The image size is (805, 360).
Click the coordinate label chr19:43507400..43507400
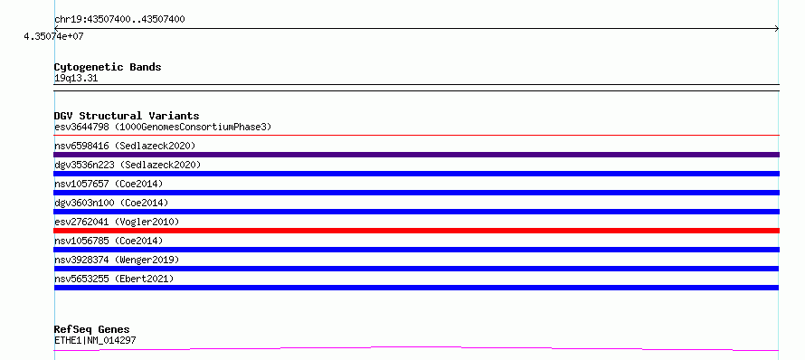click(x=119, y=20)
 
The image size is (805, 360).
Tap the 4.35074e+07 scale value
click(x=53, y=37)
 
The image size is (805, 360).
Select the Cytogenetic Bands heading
click(x=108, y=67)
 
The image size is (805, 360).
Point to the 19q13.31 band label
click(x=76, y=79)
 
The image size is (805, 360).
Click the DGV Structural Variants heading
click(x=127, y=116)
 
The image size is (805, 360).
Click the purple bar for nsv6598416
click(x=416, y=155)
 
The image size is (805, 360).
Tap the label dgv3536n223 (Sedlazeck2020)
click(x=128, y=165)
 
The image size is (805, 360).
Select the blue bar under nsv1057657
click(x=416, y=193)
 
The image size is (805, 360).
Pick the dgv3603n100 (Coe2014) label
click(x=111, y=203)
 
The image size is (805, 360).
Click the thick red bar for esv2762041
click(x=416, y=231)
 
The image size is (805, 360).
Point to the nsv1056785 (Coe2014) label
click(x=109, y=241)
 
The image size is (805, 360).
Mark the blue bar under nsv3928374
click(x=416, y=269)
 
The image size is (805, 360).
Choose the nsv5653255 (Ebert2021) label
click(x=114, y=279)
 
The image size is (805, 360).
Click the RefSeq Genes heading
click(x=92, y=329)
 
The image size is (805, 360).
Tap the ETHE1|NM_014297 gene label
click(x=95, y=340)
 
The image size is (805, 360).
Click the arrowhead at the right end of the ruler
click(x=778, y=29)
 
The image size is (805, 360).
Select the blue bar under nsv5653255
click(x=416, y=288)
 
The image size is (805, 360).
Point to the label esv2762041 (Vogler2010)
click(x=117, y=222)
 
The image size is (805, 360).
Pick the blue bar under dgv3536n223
click(x=416, y=174)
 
